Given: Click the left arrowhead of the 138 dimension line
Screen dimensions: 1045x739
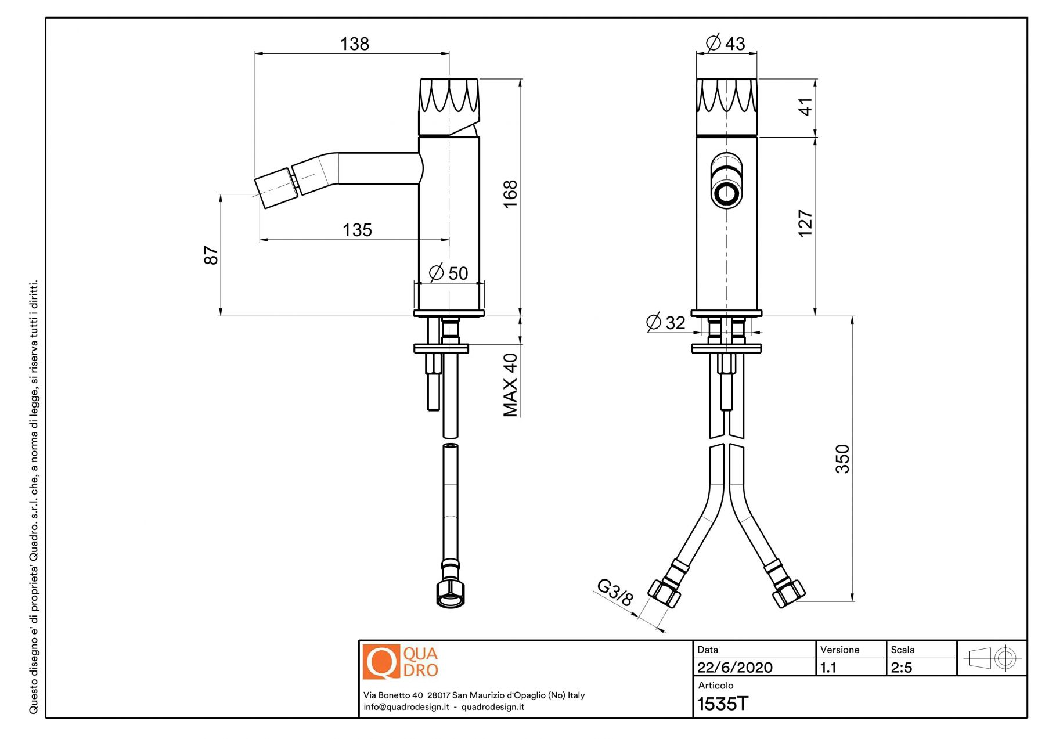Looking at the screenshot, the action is (x=259, y=53).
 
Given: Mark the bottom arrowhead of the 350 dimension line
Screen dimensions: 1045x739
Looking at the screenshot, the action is (x=852, y=597).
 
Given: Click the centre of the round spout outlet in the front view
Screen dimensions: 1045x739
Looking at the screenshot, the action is (x=726, y=193).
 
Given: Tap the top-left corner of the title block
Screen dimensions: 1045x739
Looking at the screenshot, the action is (x=359, y=640).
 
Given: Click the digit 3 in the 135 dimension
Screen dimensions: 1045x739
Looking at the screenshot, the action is (x=357, y=230).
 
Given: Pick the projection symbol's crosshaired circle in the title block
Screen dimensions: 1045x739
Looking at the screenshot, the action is (x=1006, y=658).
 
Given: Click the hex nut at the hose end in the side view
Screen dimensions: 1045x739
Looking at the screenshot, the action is (x=450, y=592).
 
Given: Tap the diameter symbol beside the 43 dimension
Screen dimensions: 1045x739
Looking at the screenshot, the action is (x=714, y=42).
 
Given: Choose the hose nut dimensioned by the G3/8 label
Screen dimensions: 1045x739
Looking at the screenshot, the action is (x=664, y=593).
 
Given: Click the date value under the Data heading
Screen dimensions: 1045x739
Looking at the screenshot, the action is (x=734, y=668).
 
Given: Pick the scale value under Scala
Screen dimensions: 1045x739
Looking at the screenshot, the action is (x=902, y=668).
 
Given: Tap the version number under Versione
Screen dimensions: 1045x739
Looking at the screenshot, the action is (x=828, y=668).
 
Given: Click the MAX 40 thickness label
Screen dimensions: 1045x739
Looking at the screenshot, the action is (x=510, y=385).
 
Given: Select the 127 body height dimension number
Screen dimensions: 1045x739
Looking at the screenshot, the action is (x=805, y=223).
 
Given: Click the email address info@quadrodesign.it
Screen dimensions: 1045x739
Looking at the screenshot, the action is (x=406, y=707).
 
